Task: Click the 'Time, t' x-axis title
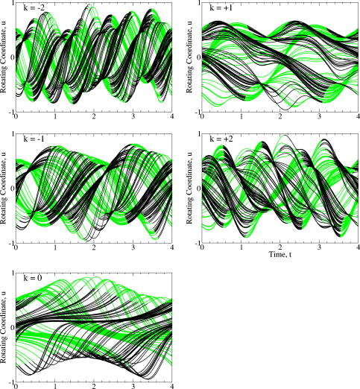click(x=280, y=255)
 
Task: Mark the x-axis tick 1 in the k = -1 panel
click(x=55, y=248)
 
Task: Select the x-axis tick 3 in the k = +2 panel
click(x=319, y=248)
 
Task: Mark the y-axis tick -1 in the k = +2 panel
click(x=198, y=242)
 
